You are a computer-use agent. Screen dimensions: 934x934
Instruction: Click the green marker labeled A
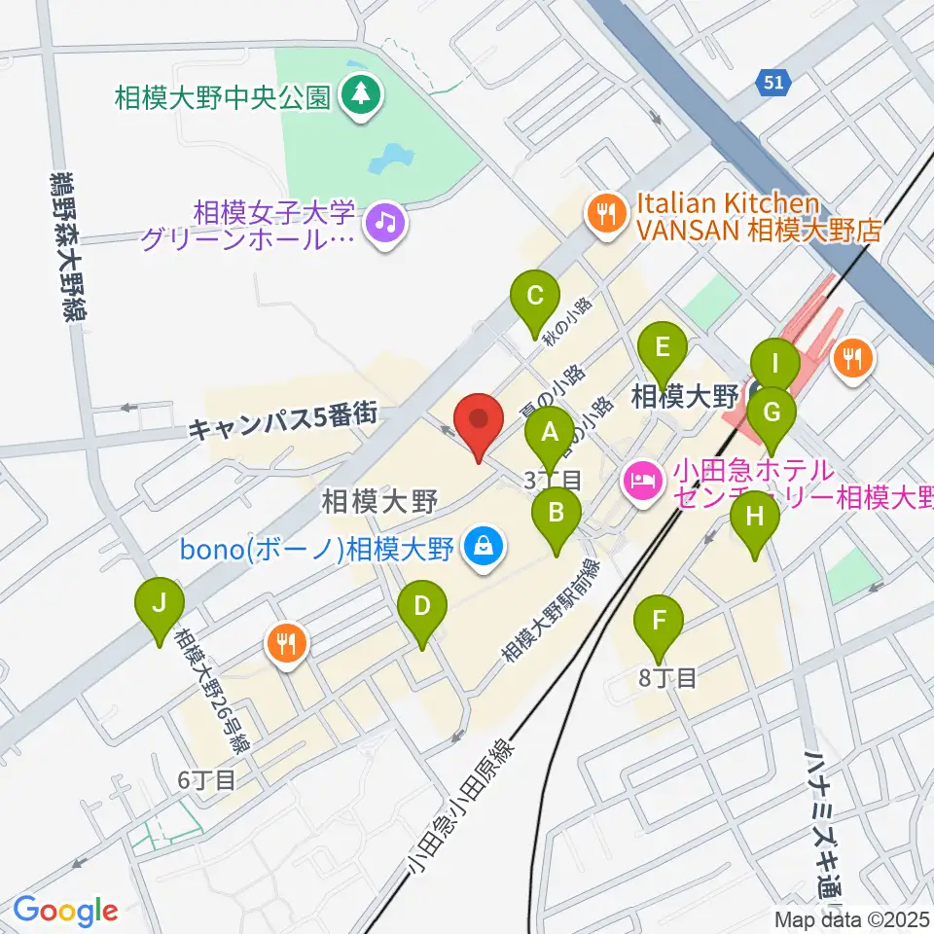click(550, 435)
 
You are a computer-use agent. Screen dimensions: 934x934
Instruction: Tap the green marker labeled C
click(535, 299)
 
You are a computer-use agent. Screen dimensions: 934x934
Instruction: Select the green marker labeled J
click(161, 608)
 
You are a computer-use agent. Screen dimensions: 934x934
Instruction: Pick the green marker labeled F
click(660, 622)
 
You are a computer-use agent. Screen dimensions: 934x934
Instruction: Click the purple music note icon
click(386, 223)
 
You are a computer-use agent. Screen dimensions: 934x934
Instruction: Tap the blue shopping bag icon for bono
click(483, 549)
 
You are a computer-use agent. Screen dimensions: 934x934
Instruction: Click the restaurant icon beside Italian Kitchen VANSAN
click(608, 217)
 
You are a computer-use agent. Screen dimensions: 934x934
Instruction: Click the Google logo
click(65, 911)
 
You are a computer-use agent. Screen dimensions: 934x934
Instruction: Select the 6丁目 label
click(206, 780)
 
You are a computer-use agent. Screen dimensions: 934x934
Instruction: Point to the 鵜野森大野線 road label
click(63, 249)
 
